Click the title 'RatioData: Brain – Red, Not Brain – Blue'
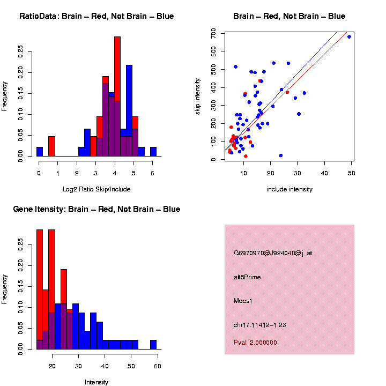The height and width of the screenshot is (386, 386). click(96, 16)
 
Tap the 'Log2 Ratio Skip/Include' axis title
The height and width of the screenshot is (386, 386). click(96, 189)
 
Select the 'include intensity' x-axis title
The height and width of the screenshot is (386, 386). click(289, 189)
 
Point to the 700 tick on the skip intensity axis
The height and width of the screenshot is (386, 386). click(213, 33)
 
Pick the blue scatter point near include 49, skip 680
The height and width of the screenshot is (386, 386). click(349, 37)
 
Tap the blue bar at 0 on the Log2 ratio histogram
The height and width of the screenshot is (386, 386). click(40, 152)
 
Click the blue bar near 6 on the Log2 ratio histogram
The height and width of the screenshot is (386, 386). click(153, 152)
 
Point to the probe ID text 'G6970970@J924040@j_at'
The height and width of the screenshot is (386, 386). click(273, 253)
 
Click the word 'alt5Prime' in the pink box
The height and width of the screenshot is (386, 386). click(247, 277)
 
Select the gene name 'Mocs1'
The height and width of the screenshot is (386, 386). click(243, 301)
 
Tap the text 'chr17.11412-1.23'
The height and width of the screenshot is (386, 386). click(259, 325)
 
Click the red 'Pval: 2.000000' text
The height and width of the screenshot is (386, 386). click(255, 342)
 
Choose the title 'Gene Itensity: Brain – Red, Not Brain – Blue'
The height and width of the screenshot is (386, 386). click(96, 209)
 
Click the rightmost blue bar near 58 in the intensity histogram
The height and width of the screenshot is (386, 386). click(153, 345)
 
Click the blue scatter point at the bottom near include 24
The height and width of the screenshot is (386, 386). click(281, 155)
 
